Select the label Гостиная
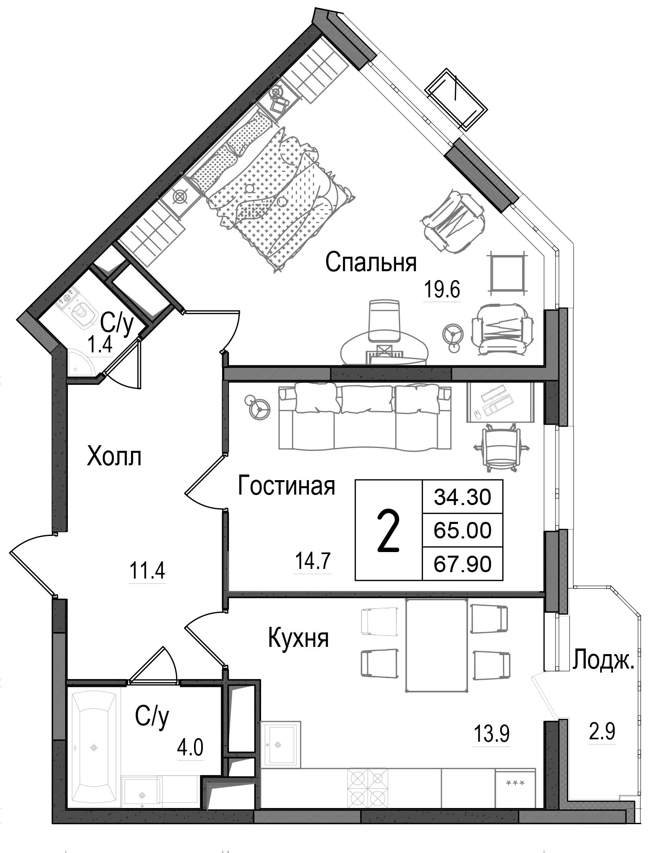(286, 486)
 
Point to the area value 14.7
(313, 561)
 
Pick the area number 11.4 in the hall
(147, 571)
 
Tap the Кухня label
(298, 638)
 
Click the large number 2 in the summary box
(388, 531)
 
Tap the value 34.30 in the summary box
(462, 497)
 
